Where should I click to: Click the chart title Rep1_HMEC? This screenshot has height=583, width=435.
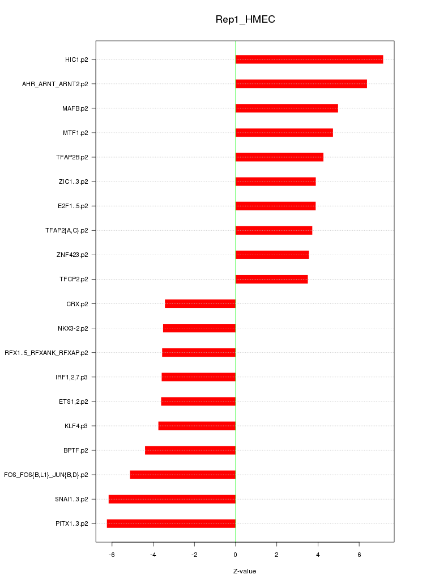pyautogui.click(x=245, y=19)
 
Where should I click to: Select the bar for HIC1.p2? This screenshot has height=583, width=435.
pyautogui.click(x=309, y=60)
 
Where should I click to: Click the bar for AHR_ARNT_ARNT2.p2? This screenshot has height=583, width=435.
pyautogui.click(x=301, y=84)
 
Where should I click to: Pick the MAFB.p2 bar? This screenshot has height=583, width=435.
pyautogui.click(x=287, y=108)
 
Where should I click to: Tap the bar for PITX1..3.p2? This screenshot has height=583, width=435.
pyautogui.click(x=171, y=523)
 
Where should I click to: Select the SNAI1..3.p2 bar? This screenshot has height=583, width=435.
pyautogui.click(x=172, y=499)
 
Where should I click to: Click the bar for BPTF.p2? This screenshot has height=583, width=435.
pyautogui.click(x=190, y=450)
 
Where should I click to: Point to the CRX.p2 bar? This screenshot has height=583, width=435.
pyautogui.click(x=200, y=304)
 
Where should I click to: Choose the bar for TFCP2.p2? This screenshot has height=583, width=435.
pyautogui.click(x=271, y=280)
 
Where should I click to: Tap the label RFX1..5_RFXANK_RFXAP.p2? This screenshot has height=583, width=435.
pyautogui.click(x=46, y=353)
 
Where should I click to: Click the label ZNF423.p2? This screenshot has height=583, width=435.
pyautogui.click(x=76, y=255)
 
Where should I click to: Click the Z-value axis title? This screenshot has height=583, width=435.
pyautogui.click(x=245, y=571)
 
